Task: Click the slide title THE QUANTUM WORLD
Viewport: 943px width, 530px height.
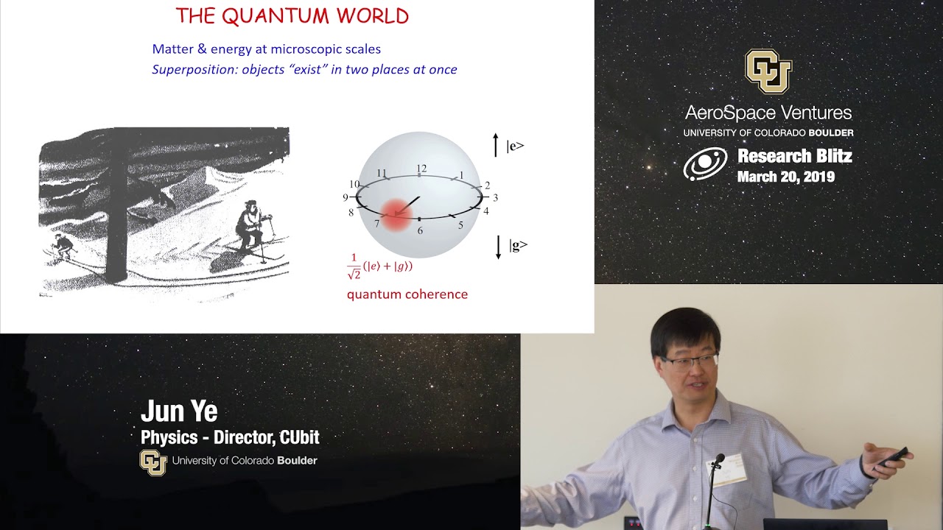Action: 292,16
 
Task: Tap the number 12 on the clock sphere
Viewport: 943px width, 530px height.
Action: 421,169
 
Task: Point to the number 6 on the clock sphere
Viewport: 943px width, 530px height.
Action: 420,230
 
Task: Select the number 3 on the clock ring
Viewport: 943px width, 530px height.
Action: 495,197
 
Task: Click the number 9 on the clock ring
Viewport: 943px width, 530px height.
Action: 345,197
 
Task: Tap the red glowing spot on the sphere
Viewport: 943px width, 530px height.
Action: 396,215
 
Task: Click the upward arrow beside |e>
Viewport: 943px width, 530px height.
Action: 496,145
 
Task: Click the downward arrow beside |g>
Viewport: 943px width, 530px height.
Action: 498,247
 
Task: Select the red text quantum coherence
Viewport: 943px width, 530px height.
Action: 407,294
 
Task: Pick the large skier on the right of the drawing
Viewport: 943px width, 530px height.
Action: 250,228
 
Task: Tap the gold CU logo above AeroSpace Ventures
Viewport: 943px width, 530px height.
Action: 768,71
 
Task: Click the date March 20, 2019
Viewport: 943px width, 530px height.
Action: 785,177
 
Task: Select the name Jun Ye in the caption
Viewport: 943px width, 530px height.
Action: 178,411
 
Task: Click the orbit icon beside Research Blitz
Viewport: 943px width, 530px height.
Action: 705,165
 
